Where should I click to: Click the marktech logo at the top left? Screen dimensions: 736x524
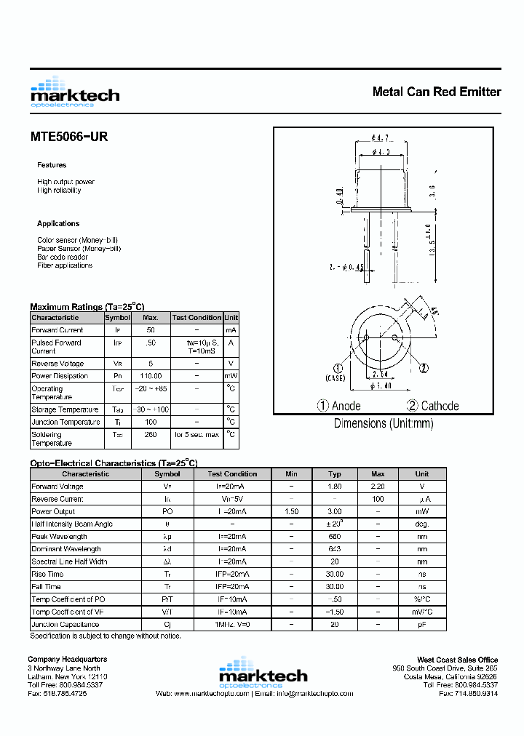(x=74, y=92)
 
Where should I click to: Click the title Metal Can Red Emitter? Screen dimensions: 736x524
(x=436, y=92)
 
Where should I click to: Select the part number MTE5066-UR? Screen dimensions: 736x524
(x=69, y=136)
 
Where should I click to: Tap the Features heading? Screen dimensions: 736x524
(x=52, y=165)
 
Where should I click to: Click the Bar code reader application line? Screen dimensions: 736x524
(x=63, y=257)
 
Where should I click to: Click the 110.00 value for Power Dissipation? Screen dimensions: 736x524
(x=150, y=376)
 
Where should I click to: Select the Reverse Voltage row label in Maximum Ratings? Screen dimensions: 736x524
(x=57, y=364)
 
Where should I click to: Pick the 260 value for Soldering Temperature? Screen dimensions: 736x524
(x=150, y=435)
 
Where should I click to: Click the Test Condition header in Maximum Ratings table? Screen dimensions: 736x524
(x=196, y=318)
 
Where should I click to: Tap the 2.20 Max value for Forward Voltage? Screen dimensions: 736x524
(x=378, y=487)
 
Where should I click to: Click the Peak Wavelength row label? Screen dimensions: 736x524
(x=59, y=537)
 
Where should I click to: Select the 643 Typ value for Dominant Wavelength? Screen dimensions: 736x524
(x=334, y=549)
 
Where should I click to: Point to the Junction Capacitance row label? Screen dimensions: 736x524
(x=65, y=624)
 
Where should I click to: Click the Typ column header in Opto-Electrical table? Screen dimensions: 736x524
(x=334, y=473)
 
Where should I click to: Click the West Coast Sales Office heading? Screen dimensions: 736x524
(x=457, y=660)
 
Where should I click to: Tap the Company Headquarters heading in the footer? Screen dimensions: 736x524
(x=67, y=660)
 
